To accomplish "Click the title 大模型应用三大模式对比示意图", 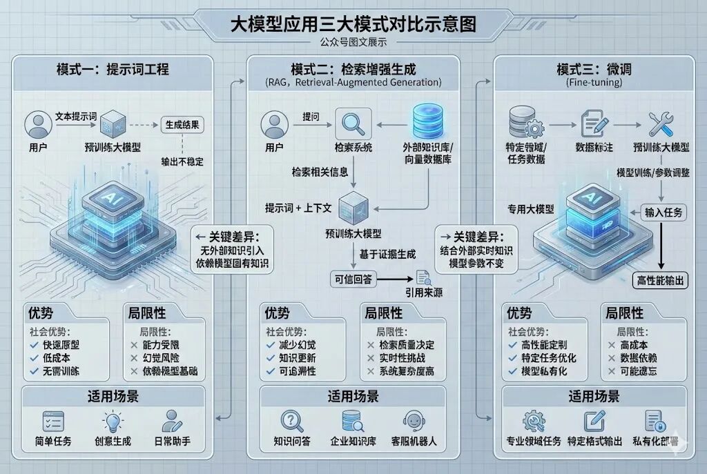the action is point(353,25).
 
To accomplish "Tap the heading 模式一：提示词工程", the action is point(113,70).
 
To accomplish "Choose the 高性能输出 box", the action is point(660,280).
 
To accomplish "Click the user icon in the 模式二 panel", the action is point(274,125).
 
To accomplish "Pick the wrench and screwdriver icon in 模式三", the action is point(661,125).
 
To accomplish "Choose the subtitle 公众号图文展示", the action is point(353,42).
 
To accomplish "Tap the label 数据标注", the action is point(594,148).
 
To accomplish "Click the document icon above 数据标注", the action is point(593,124).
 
